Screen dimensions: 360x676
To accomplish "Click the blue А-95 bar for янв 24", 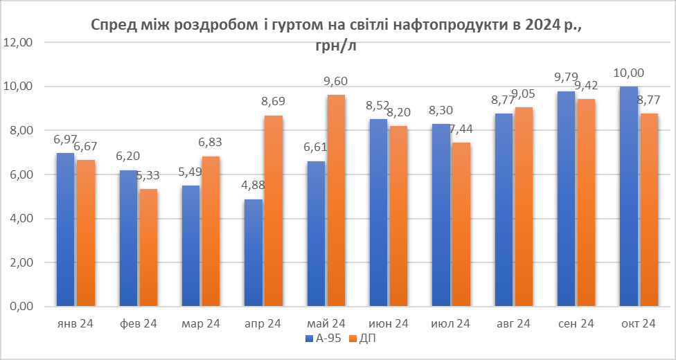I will (x=66, y=230).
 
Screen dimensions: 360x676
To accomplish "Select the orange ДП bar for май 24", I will (x=335, y=201).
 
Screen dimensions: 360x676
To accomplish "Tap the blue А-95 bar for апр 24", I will (x=254, y=253).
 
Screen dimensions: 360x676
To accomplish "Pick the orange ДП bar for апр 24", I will (x=273, y=211).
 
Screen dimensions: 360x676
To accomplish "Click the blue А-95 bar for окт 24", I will (x=629, y=197).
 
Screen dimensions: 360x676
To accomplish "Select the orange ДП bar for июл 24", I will (x=461, y=225).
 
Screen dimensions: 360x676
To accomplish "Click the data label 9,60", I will (x=335, y=82).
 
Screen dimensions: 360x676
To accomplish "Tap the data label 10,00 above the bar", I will (x=629, y=73).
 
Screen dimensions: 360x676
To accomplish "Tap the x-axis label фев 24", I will (x=138, y=324).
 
